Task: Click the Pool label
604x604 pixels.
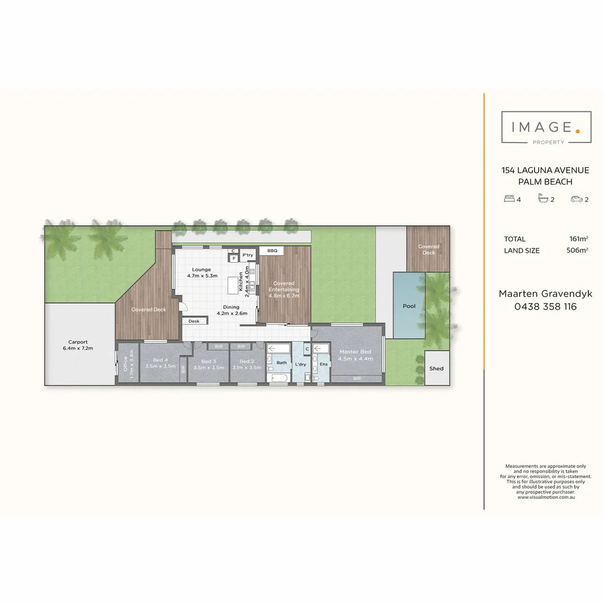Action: click(409, 306)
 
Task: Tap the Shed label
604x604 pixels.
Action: click(436, 369)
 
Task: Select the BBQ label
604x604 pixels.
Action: click(272, 251)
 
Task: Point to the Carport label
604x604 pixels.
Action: click(78, 342)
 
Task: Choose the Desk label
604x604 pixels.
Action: click(194, 322)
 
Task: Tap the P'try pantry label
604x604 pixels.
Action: click(248, 256)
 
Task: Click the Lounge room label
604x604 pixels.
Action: click(201, 270)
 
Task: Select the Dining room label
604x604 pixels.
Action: click(231, 307)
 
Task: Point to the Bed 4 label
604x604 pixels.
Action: click(161, 360)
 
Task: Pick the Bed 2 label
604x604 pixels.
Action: click(247, 361)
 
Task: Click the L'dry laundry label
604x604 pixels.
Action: click(300, 365)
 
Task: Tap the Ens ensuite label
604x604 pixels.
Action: click(324, 365)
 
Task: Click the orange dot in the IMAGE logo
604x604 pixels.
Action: click(578, 131)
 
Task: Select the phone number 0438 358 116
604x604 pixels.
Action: click(545, 306)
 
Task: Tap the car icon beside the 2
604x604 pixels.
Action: click(576, 199)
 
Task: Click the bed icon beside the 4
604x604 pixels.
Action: click(509, 199)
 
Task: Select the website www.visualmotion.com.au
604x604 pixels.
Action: click(546, 497)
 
